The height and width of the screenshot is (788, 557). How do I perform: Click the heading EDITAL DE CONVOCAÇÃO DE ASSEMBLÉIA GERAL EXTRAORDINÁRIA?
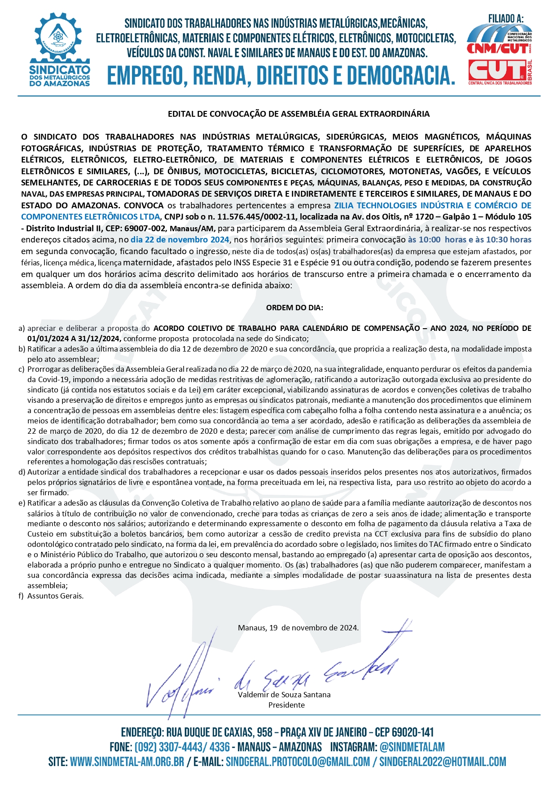[298, 114]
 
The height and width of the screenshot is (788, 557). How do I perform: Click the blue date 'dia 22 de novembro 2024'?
[180, 240]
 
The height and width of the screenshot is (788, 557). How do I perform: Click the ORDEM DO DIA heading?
[294, 308]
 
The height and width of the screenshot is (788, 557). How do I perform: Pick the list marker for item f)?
[21, 596]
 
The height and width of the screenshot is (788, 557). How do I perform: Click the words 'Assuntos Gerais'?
[55, 596]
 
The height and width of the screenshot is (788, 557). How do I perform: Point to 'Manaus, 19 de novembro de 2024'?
[298, 628]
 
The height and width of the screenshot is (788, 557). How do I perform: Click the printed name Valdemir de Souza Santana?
[284, 695]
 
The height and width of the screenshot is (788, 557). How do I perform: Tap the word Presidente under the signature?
[286, 705]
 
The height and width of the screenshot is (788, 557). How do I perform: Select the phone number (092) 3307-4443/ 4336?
[182, 747]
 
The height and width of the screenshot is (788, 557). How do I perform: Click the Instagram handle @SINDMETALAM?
[412, 747]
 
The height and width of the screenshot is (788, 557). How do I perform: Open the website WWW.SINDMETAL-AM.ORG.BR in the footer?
[127, 762]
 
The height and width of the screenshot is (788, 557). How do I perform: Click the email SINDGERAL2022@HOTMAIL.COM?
[443, 762]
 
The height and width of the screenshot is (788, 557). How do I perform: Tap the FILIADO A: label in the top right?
[506, 19]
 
